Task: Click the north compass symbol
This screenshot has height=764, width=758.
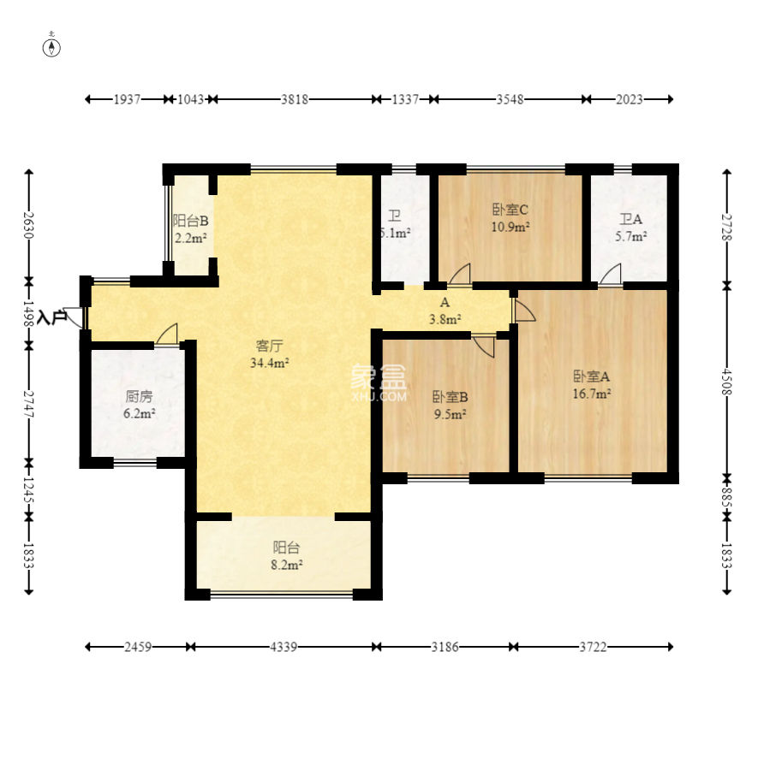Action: [x=51, y=48]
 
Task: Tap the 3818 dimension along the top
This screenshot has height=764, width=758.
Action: [x=295, y=99]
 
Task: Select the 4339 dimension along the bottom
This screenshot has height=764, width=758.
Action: [x=284, y=647]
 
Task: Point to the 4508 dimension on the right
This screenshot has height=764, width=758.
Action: [x=727, y=382]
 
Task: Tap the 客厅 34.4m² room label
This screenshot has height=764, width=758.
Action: [x=270, y=354]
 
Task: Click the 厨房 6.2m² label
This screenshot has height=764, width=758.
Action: [x=140, y=405]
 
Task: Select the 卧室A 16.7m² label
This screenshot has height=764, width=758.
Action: [x=591, y=385]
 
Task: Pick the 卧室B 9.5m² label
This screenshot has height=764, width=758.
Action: [x=451, y=406]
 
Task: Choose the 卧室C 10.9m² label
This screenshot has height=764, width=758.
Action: [x=510, y=218]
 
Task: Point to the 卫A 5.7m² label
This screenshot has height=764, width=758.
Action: [x=630, y=228]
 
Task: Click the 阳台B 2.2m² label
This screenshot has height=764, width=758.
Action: [x=191, y=229]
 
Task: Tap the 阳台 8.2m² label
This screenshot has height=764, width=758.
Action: [x=286, y=556]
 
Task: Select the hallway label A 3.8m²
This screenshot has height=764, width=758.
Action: [x=445, y=311]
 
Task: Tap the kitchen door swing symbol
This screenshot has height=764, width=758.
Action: [x=167, y=335]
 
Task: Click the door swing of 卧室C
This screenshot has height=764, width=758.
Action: [x=459, y=275]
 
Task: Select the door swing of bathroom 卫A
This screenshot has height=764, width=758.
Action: [x=611, y=275]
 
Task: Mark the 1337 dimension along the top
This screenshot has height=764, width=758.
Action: [x=405, y=99]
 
